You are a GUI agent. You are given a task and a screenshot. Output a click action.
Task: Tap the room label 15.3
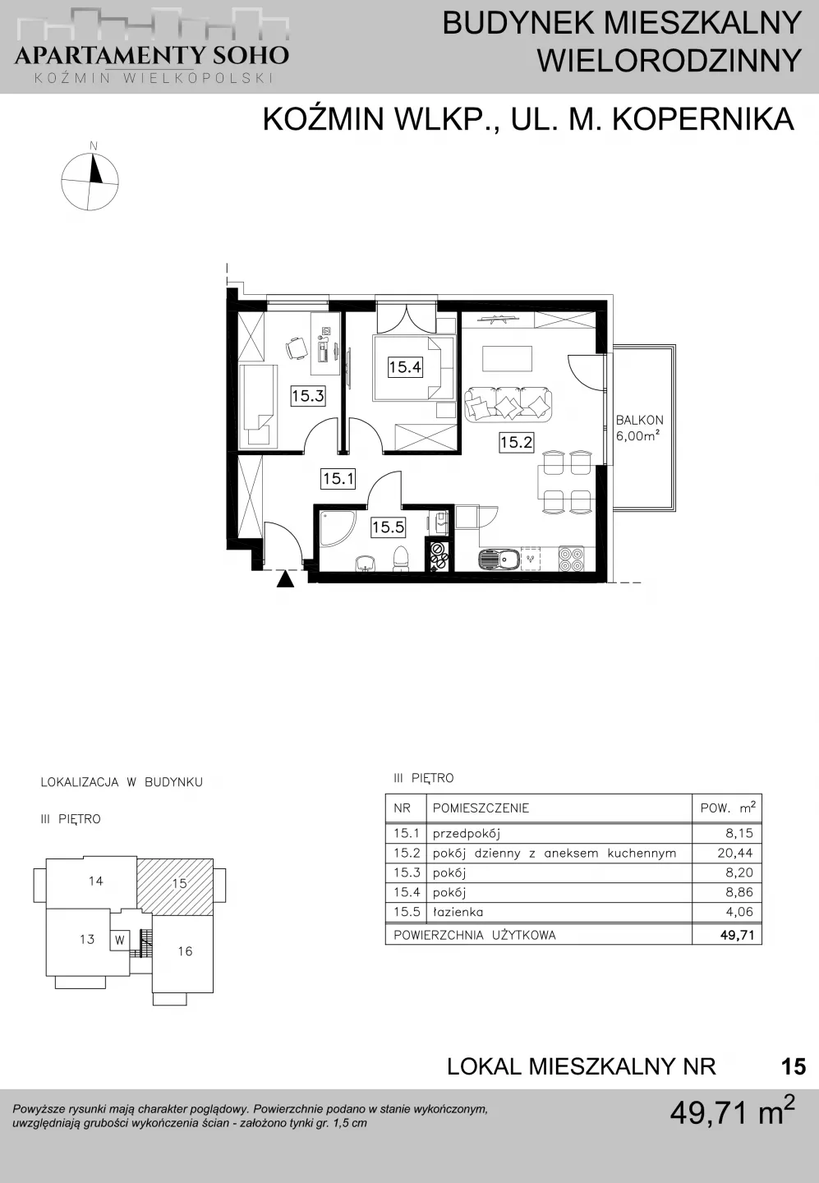click(x=308, y=395)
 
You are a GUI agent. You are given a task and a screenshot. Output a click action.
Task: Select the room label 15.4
click(x=405, y=366)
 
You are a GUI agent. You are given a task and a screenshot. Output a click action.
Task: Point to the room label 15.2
click(x=517, y=441)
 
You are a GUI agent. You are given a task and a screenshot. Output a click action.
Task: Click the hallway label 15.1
click(x=338, y=479)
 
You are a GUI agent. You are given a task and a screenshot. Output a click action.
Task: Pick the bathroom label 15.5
click(x=388, y=527)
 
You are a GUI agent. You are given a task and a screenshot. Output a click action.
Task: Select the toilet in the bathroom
click(x=402, y=559)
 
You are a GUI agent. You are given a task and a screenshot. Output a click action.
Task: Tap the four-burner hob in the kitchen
click(x=572, y=559)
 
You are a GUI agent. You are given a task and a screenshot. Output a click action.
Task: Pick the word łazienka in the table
click(x=458, y=912)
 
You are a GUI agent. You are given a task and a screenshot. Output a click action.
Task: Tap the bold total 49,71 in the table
click(x=737, y=935)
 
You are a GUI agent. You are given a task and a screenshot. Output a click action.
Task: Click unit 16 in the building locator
click(x=186, y=951)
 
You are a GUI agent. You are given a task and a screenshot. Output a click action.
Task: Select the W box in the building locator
click(x=120, y=940)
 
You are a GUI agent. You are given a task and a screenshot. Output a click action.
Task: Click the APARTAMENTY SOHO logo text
click(x=152, y=55)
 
